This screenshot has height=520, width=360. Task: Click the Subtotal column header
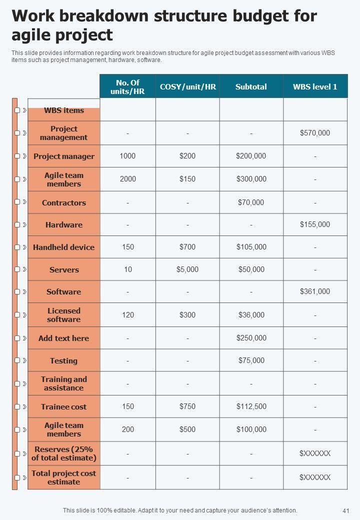251,86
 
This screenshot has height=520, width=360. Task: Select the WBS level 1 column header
315,86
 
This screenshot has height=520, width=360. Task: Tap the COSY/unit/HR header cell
187,86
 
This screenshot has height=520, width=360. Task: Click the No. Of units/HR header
127,86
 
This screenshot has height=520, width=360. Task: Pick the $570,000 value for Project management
315,133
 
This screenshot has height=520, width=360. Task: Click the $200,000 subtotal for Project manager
251,156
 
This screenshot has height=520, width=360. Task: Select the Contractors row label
64,203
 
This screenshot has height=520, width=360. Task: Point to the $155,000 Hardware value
315,224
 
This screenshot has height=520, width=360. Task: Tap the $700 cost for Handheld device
187,247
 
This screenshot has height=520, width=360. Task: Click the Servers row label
64,270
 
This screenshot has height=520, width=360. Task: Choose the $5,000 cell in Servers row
187,269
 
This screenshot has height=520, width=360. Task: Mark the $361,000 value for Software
315,291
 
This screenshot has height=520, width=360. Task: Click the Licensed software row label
64,315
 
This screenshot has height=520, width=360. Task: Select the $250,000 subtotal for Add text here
251,338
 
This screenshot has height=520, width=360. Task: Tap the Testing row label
64,360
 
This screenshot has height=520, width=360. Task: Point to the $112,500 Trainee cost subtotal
251,406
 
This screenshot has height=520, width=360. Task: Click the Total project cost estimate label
64,477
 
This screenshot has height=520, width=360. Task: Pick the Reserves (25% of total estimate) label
64,453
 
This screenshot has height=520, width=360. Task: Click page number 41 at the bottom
345,511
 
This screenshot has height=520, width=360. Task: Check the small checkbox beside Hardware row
17,224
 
